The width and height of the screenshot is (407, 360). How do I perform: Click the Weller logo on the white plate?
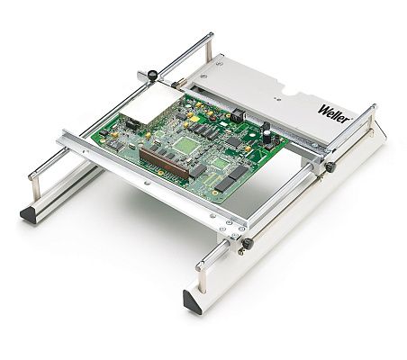point(334,113)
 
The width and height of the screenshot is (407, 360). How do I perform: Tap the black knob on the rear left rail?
point(152,74)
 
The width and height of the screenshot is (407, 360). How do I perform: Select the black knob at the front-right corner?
point(248,243)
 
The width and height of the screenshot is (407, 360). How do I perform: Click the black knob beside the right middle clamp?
point(330,166)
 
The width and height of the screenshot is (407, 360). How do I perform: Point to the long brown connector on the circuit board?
point(164,163)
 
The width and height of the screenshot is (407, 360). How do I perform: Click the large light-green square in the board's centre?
point(186,146)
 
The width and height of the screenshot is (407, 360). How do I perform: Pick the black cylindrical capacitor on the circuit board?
point(267,136)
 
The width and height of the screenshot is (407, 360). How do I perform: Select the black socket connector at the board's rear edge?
point(239,115)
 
